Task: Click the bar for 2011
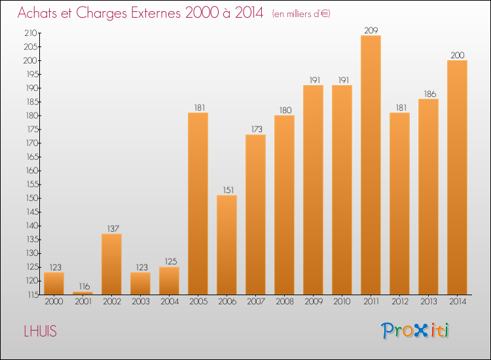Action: click(x=371, y=165)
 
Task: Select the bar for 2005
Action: click(x=198, y=204)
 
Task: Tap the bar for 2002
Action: click(x=111, y=264)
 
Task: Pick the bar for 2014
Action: click(x=457, y=177)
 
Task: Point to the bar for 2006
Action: click(x=227, y=245)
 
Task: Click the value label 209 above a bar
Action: click(x=371, y=30)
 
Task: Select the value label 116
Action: click(x=82, y=287)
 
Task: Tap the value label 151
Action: click(x=227, y=190)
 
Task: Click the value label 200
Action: click(x=457, y=55)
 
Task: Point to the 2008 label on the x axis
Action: click(x=284, y=302)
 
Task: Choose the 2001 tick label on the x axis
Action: click(x=82, y=302)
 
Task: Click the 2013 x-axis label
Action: click(x=428, y=302)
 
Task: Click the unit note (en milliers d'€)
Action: click(x=301, y=14)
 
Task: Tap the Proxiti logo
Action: click(x=415, y=331)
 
